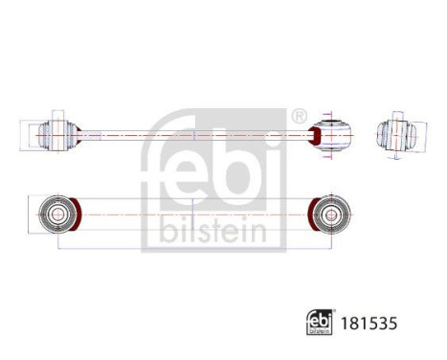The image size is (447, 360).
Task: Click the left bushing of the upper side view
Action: coord(55,136)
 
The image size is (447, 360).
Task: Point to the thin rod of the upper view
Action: coord(191,136)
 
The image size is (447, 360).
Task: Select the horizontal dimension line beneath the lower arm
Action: coord(191,247)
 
